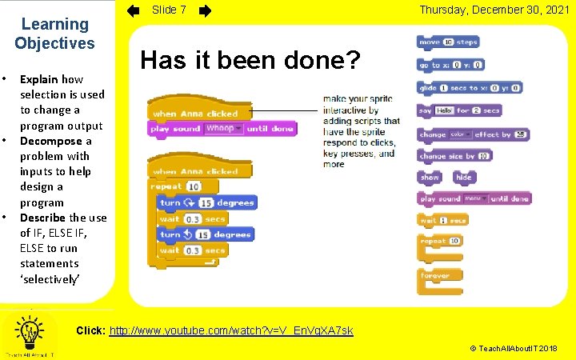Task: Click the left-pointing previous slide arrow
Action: (134, 10)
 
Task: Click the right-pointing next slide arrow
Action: (205, 10)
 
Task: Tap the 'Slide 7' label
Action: (170, 10)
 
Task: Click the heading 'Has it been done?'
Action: (250, 59)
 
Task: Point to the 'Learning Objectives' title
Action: (54, 34)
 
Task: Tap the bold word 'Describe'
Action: (43, 217)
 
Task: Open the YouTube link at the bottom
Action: (230, 330)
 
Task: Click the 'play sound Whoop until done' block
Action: (222, 128)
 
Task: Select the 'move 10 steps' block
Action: (447, 42)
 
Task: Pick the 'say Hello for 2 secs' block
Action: (459, 110)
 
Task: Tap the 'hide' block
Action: (463, 177)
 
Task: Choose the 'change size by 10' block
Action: (454, 156)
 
